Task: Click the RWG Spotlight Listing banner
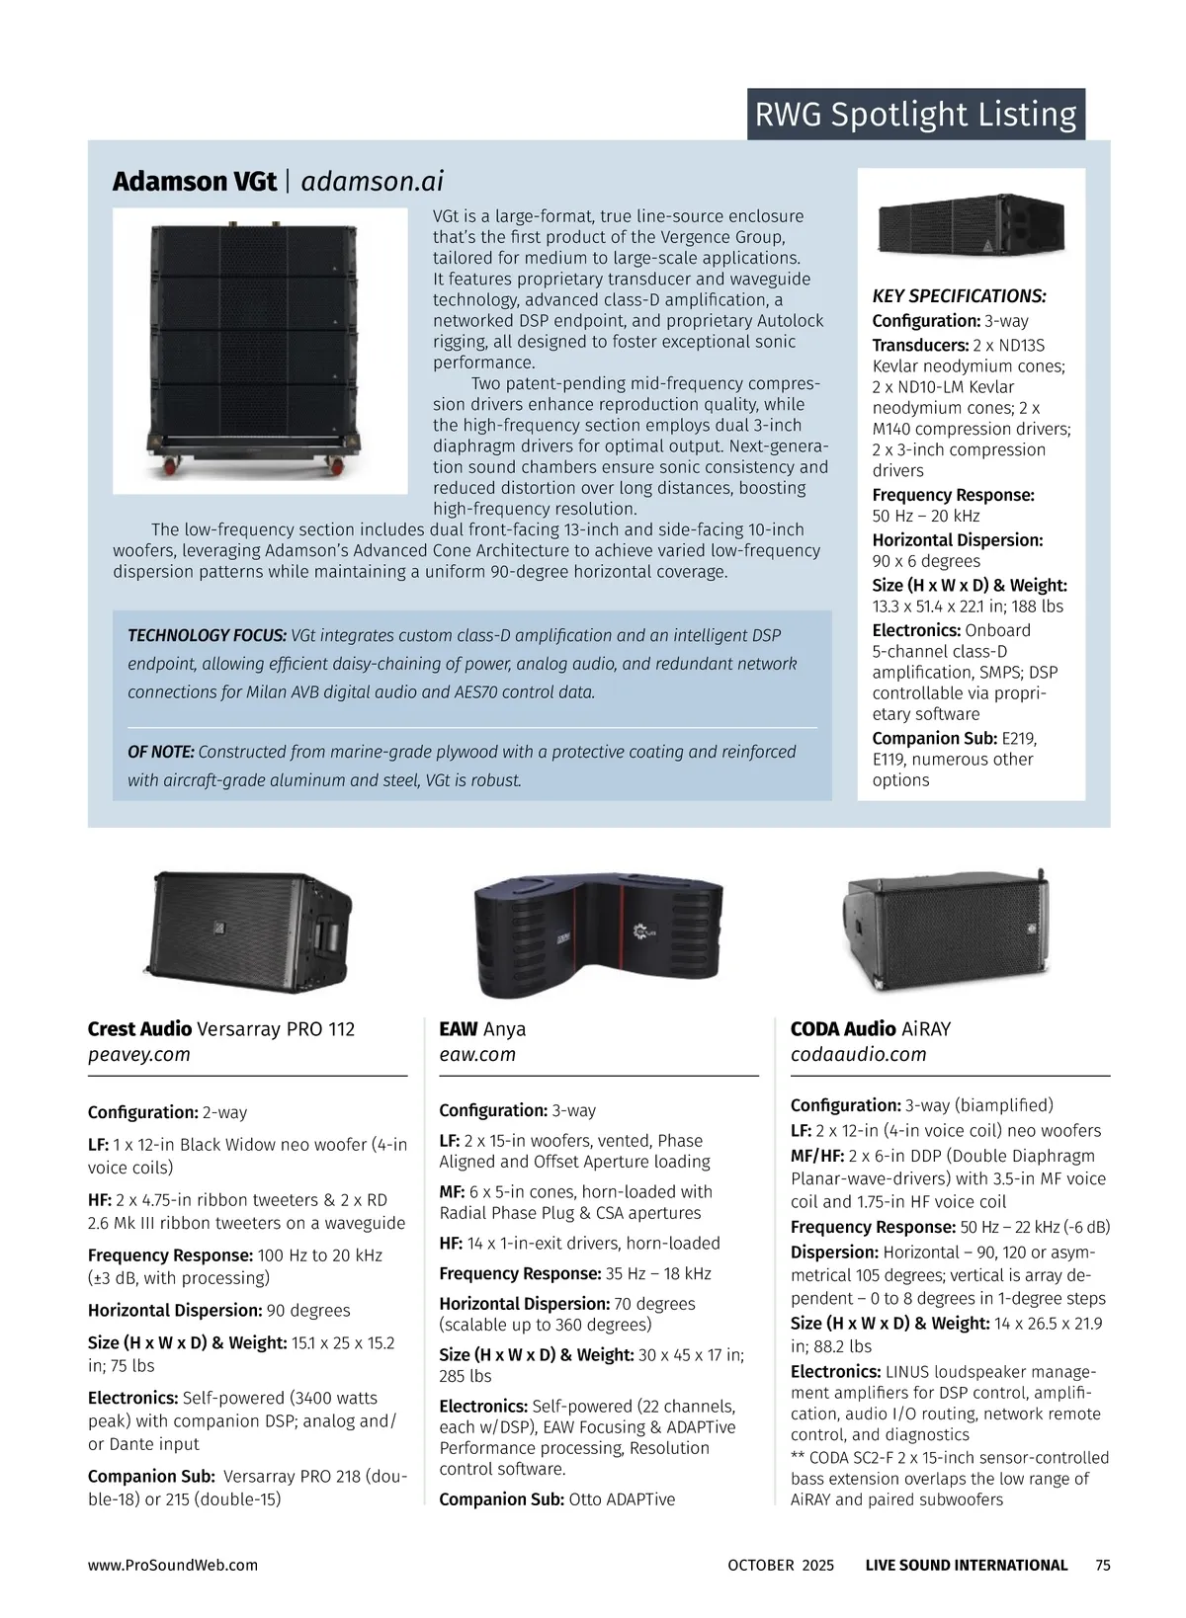(x=915, y=115)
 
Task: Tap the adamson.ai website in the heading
(x=372, y=182)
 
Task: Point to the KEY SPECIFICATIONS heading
(x=959, y=296)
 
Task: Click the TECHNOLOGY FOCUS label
(x=207, y=635)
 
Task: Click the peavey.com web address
(x=139, y=1054)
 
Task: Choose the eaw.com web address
(x=477, y=1054)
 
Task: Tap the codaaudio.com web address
(x=858, y=1054)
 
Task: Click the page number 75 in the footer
(x=1103, y=1565)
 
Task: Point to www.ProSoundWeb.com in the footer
(x=173, y=1565)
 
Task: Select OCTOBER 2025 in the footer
(x=781, y=1565)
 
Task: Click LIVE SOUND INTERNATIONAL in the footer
(x=966, y=1565)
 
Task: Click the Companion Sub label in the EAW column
(x=501, y=1499)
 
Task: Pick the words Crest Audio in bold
(x=139, y=1029)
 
